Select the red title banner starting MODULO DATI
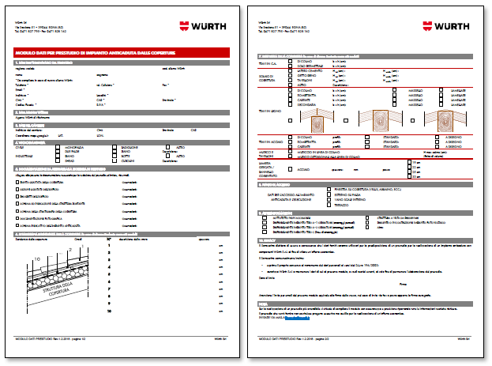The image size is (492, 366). (122, 52)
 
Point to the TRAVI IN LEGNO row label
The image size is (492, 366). (271, 111)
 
